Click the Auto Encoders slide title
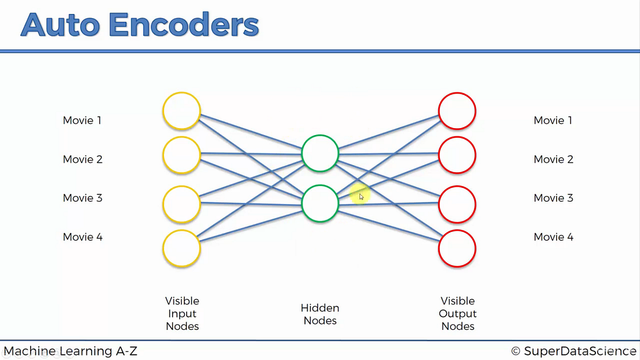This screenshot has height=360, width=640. click(x=140, y=25)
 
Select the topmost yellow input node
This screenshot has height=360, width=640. click(x=181, y=111)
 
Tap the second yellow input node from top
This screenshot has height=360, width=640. click(x=181, y=155)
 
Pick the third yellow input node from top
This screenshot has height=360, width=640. click(x=181, y=204)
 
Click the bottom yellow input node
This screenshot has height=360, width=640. click(x=181, y=249)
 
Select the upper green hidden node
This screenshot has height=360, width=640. click(x=319, y=154)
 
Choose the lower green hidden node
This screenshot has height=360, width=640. click(x=319, y=203)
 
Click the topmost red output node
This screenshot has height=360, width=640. click(x=457, y=111)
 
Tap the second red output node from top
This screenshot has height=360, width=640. click(x=457, y=155)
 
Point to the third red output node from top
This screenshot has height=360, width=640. click(x=457, y=204)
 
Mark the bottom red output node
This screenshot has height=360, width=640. click(x=457, y=249)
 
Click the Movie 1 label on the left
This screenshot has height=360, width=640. click(x=82, y=121)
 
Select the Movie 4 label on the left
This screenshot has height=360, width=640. click(x=82, y=237)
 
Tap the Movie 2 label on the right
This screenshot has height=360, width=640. click(x=553, y=159)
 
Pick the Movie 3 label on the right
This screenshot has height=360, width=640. click(x=553, y=198)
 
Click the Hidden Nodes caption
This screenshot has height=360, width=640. click(x=320, y=314)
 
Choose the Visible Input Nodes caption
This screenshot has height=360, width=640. click(x=182, y=314)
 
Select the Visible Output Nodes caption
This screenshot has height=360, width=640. click(x=457, y=314)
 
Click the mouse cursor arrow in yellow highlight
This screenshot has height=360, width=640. click(x=361, y=197)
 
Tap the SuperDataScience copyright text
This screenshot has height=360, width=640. click(x=573, y=351)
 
